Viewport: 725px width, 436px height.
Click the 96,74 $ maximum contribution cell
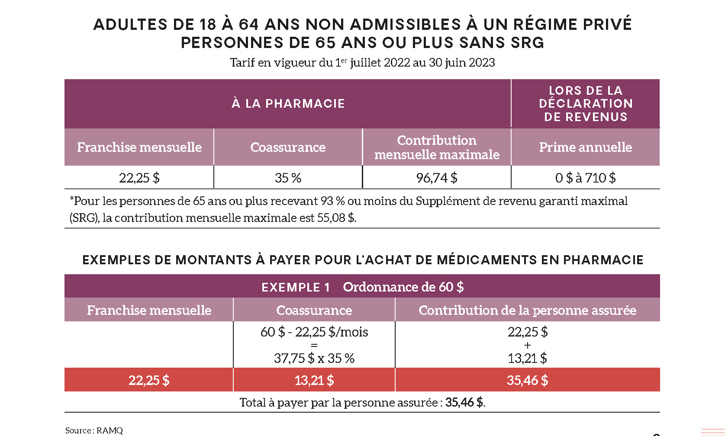click(436, 178)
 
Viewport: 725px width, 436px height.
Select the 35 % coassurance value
click(288, 178)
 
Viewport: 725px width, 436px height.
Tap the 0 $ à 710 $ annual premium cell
click(585, 178)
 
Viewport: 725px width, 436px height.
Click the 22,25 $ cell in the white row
click(139, 178)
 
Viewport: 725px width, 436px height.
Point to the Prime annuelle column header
click(585, 147)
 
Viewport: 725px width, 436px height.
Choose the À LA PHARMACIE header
click(288, 104)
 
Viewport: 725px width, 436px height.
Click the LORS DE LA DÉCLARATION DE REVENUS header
click(585, 104)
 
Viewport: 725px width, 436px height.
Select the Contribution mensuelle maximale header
click(436, 147)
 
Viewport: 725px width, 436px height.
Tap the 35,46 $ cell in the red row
click(527, 380)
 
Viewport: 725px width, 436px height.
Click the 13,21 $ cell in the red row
click(314, 380)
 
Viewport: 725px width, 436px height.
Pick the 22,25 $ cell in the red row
click(148, 380)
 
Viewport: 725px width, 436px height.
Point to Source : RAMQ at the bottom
click(94, 430)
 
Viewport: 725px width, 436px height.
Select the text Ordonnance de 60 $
click(403, 287)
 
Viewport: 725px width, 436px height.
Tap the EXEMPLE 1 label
click(295, 287)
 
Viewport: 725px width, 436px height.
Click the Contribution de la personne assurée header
click(527, 310)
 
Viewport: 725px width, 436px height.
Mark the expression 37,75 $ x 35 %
click(314, 358)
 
